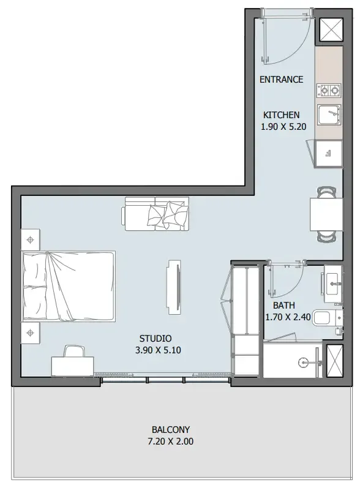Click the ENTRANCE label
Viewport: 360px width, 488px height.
point(281,80)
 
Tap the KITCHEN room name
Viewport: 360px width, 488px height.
point(281,115)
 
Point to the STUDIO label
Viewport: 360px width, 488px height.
point(156,339)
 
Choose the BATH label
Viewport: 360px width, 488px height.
point(284,305)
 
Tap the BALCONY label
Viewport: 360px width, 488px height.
point(171,429)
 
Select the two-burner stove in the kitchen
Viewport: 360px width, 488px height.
point(328,91)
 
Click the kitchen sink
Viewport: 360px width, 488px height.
point(328,114)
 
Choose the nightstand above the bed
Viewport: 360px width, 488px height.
point(30,237)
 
